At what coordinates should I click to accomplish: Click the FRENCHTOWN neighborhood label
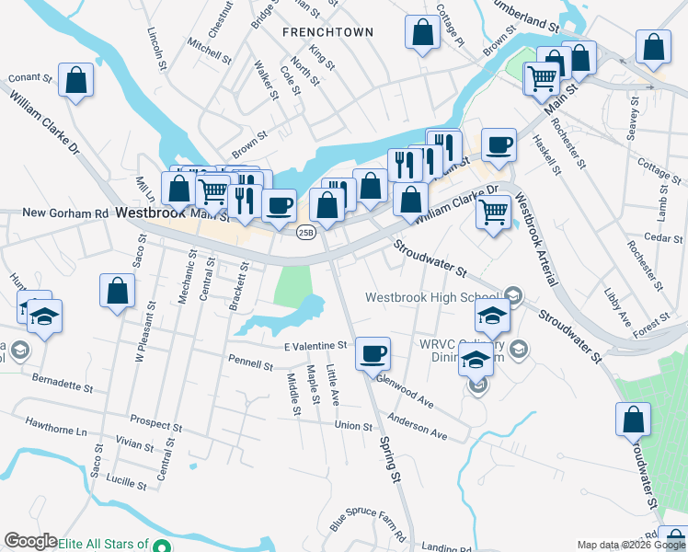(327, 32)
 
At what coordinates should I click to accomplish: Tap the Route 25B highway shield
(305, 233)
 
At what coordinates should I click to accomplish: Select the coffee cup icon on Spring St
(373, 353)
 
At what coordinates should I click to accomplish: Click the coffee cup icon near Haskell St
(499, 144)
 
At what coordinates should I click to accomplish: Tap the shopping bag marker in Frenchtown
(421, 34)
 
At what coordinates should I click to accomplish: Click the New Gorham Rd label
(64, 213)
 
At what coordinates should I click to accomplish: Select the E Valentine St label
(315, 346)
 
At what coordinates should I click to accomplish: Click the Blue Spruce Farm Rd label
(375, 523)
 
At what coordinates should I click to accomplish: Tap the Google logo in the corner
(29, 542)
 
